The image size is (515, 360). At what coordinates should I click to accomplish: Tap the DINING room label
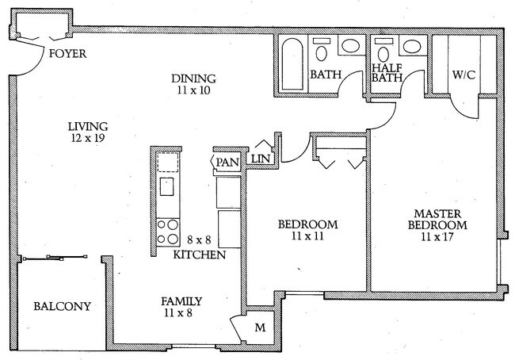click(x=194, y=79)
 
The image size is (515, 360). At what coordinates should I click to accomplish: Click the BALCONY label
click(x=62, y=307)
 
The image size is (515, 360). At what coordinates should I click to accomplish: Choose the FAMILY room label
click(x=181, y=301)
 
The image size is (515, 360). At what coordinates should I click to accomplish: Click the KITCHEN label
click(x=200, y=255)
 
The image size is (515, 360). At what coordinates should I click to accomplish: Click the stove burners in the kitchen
click(x=168, y=232)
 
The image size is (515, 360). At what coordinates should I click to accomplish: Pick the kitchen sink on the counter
click(x=167, y=187)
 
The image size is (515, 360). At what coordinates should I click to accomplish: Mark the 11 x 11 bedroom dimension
click(x=308, y=236)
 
